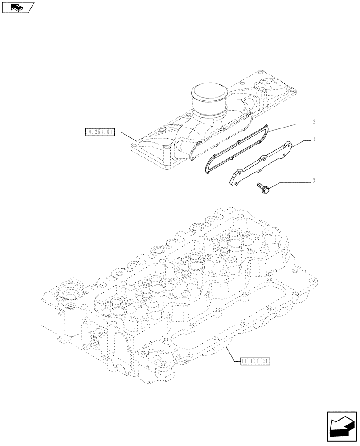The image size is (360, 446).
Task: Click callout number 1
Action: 314,140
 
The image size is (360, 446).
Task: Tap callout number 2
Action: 314,121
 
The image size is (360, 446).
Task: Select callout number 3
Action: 314,181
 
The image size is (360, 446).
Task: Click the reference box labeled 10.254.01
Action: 99,132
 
